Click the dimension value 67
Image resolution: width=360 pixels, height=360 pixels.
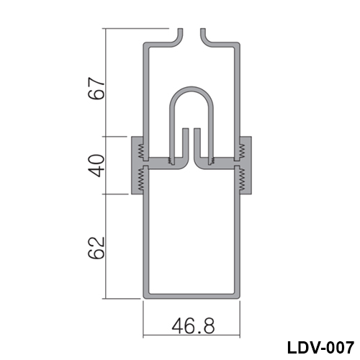tap(96, 89)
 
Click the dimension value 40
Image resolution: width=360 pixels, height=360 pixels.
tap(96, 166)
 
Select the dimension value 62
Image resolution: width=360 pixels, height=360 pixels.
tap(96, 248)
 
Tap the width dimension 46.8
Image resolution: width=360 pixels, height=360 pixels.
tap(193, 325)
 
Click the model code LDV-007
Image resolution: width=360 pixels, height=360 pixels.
tap(320, 347)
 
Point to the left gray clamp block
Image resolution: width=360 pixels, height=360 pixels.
tap(138, 166)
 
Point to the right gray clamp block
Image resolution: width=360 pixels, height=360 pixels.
tap(246, 166)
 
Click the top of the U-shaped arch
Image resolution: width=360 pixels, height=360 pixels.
tap(192, 88)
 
